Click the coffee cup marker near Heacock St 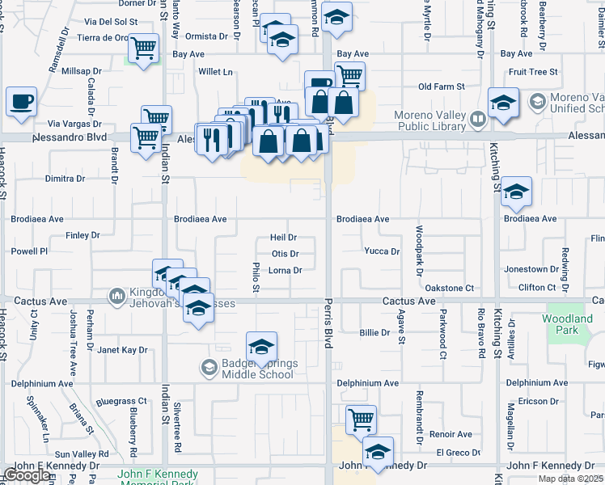tap(21, 103)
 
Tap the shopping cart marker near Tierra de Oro tap(143, 48)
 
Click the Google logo tap(27, 475)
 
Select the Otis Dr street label tap(285, 254)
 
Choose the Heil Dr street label tap(283, 238)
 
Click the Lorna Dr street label tap(285, 271)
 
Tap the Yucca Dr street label tap(382, 251)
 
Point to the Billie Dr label tap(375, 333)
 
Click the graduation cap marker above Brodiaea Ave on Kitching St tap(516, 192)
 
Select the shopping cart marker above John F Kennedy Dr tap(361, 420)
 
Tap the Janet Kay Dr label tap(122, 350)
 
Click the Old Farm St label tap(441, 86)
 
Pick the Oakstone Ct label tap(449, 288)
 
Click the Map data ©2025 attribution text tap(570, 479)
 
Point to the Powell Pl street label tap(30, 251)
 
